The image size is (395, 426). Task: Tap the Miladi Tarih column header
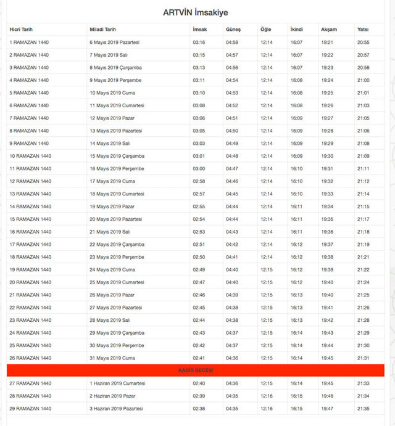tap(102, 30)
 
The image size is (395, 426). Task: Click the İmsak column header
tap(199, 30)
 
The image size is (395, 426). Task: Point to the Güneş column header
tap(233, 30)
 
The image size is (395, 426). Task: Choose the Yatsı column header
tap(364, 30)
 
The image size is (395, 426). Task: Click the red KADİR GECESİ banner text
tap(196, 371)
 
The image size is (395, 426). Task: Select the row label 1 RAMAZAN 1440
tap(29, 43)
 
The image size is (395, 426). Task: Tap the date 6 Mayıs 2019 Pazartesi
tap(115, 43)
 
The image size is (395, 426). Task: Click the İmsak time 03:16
tap(199, 43)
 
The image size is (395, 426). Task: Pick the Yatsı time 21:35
tap(364, 409)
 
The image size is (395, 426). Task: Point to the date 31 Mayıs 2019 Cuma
tap(112, 358)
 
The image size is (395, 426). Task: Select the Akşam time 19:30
tap(327, 156)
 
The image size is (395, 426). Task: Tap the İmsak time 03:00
tap(199, 169)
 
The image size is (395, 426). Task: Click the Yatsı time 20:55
tap(364, 43)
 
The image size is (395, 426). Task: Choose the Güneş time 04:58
tap(232, 43)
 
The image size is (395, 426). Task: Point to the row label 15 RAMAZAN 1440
tap(30, 219)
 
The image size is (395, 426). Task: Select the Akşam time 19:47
tap(327, 409)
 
